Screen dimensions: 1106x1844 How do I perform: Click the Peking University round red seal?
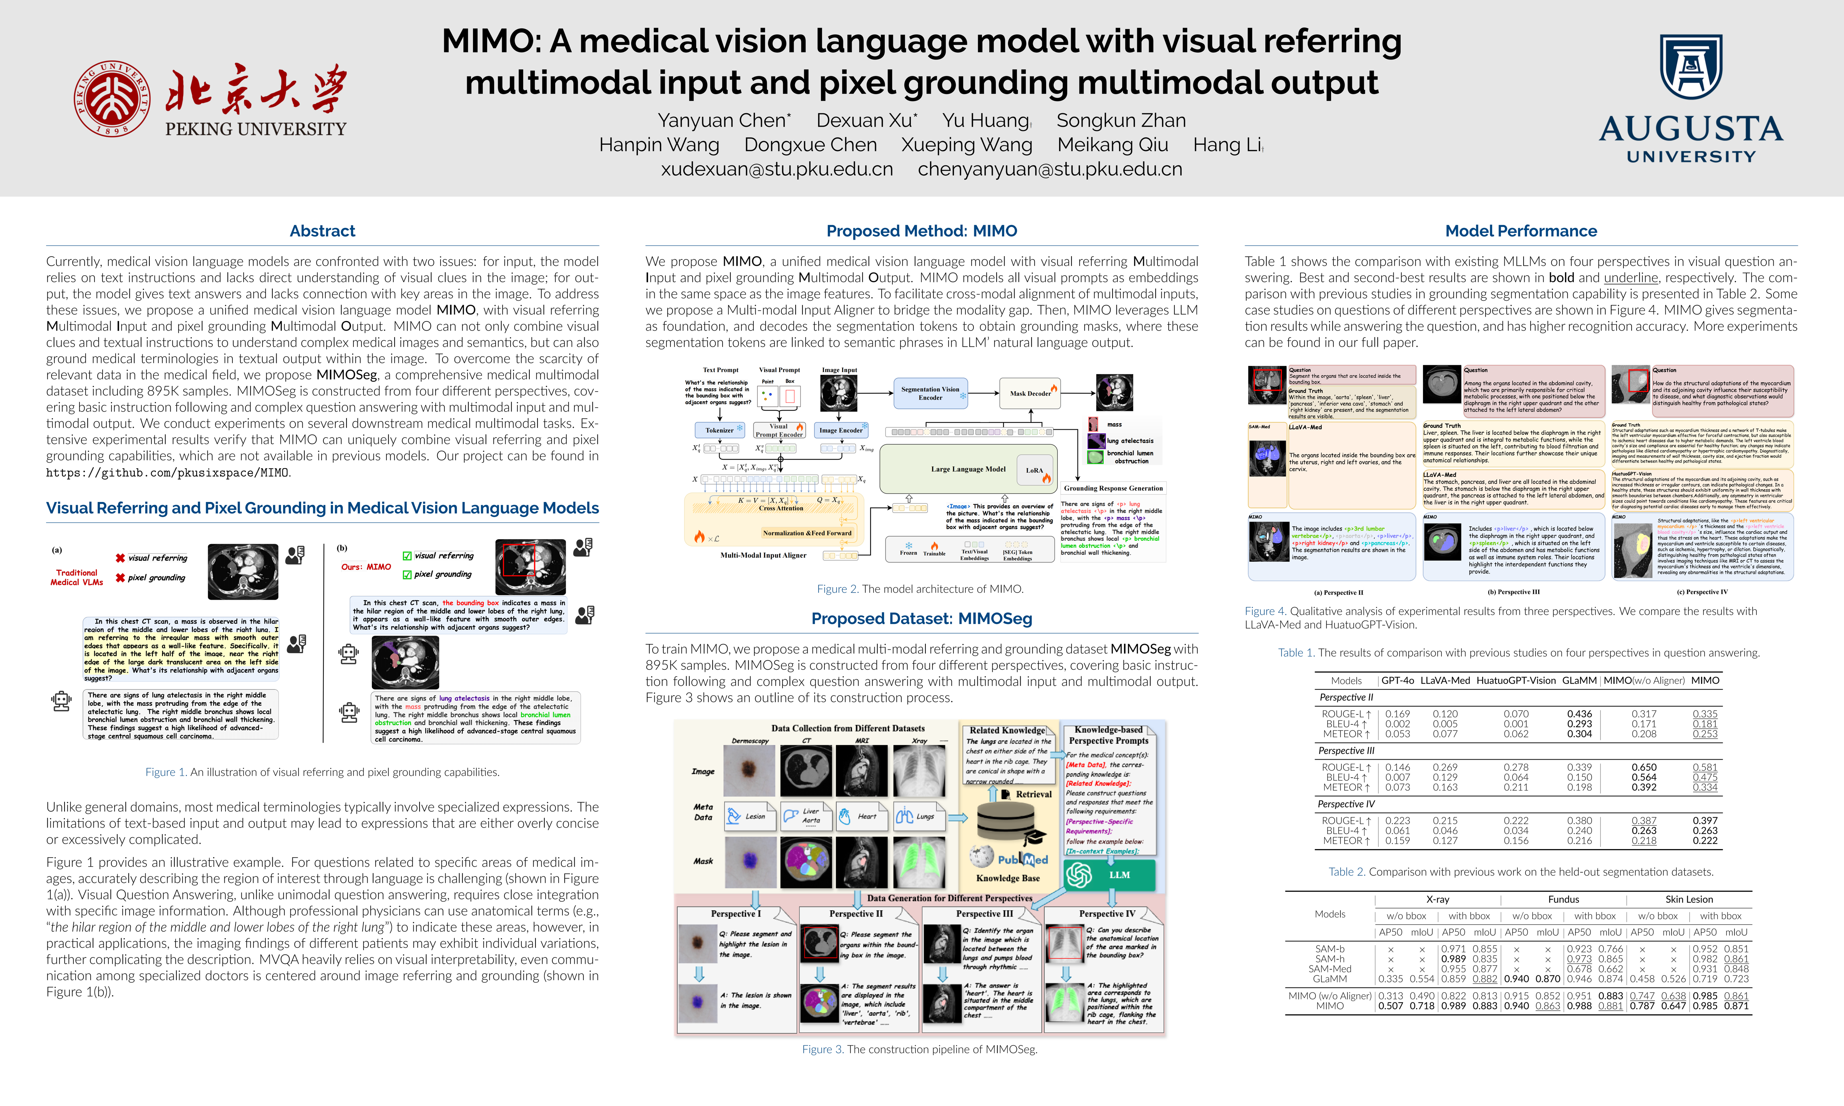112,98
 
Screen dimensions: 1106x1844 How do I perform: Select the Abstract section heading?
322,231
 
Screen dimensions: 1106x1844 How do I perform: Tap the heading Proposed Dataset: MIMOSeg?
921,619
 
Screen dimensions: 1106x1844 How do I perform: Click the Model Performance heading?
1521,231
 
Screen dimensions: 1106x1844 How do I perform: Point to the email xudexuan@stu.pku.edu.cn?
777,169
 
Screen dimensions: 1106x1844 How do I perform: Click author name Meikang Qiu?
1112,144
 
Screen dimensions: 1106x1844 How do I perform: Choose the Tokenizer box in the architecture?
719,430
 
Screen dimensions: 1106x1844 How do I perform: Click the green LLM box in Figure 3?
1109,875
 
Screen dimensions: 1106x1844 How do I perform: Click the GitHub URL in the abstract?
168,472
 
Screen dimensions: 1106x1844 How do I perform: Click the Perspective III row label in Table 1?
1346,750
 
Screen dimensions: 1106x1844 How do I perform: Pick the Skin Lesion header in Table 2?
1689,899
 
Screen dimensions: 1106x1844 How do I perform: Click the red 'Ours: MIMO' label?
366,567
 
